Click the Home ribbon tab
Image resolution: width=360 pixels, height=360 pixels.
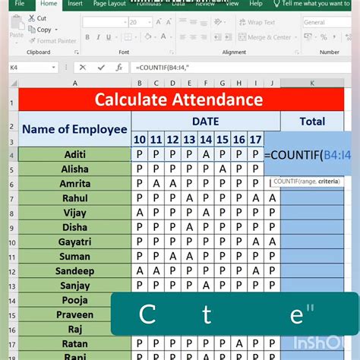pos(49,4)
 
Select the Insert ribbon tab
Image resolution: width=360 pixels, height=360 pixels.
pos(75,4)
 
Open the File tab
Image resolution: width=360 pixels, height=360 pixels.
pos(19,4)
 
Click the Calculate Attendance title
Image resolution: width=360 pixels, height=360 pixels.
pos(178,99)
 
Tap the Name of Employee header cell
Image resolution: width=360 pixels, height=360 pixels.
pos(74,129)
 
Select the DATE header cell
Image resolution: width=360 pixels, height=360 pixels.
pos(205,121)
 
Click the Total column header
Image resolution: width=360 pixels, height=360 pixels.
pos(312,121)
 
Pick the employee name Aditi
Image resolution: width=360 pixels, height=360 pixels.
pos(74,155)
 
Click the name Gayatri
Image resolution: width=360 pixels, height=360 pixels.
pos(74,242)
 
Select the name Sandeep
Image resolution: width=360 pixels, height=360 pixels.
pos(74,271)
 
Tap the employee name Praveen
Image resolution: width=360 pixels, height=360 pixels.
pos(74,314)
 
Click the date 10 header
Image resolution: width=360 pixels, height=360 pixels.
pos(139,140)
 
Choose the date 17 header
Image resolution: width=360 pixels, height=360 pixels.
pos(255,140)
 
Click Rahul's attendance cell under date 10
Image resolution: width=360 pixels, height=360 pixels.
pos(139,198)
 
